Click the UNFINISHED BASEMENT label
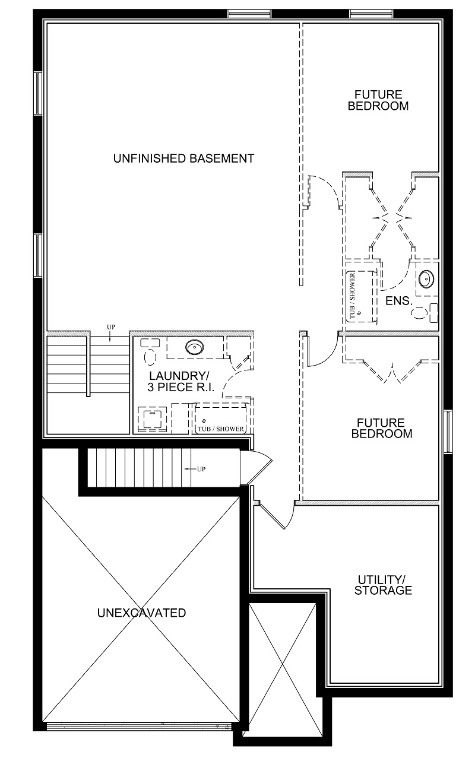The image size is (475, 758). coord(183,158)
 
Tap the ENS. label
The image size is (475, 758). coord(398,301)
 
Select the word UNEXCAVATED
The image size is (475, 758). coord(141,613)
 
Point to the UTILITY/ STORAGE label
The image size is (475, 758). coord(383,585)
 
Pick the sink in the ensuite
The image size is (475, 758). coord(426,279)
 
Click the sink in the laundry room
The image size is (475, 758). coord(194,347)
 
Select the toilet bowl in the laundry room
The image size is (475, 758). coord(150,357)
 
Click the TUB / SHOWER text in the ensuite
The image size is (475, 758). coord(352,295)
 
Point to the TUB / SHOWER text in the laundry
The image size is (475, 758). coord(221,429)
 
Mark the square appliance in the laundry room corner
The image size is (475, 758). coord(153,419)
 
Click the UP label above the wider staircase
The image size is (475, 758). coord(111,327)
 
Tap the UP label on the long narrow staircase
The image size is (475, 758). coord(201,469)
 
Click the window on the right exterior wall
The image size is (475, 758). coord(448,432)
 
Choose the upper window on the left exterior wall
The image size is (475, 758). coord(37,93)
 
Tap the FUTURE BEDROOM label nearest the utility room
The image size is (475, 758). coord(382,428)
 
